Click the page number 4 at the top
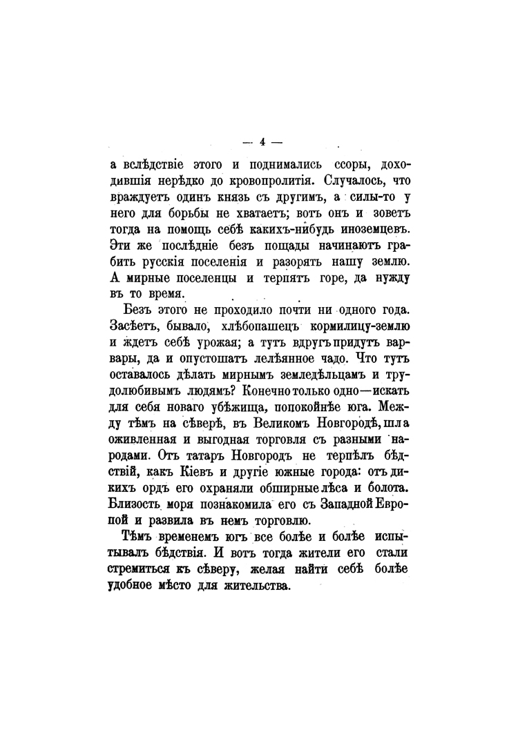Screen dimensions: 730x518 click(x=262, y=143)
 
